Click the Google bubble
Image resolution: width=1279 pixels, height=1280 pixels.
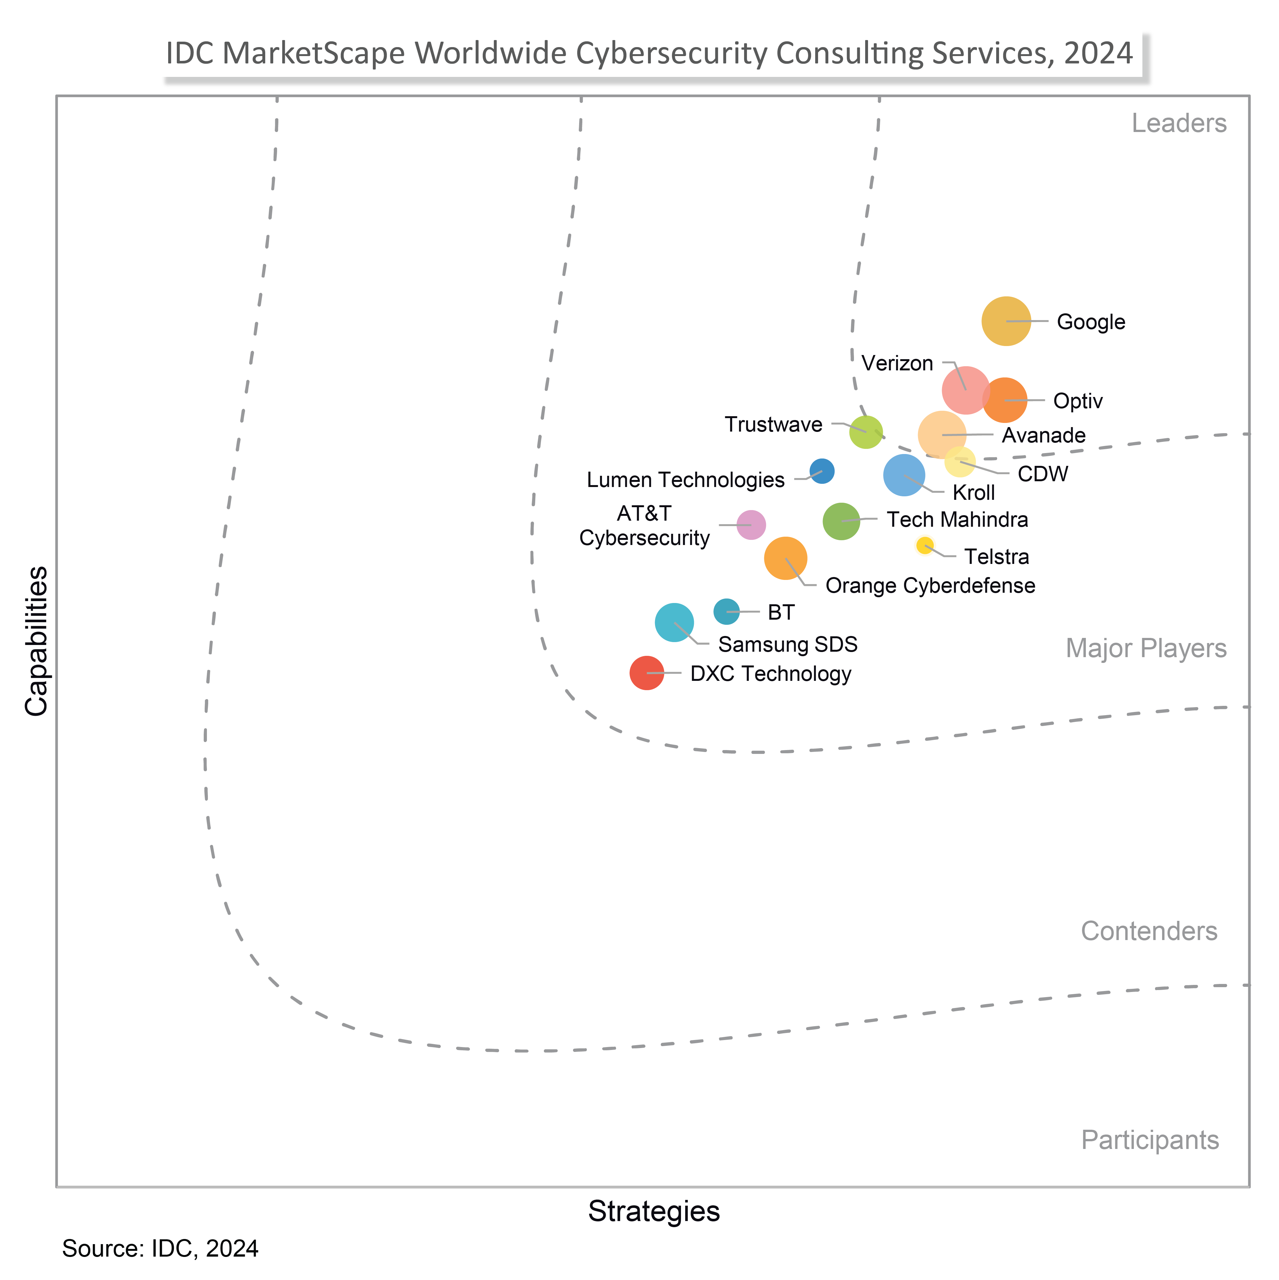pyautogui.click(x=1005, y=321)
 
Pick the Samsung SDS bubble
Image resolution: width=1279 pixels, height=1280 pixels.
pyautogui.click(x=674, y=623)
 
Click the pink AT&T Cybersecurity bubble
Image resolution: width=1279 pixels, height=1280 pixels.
pyautogui.click(x=751, y=525)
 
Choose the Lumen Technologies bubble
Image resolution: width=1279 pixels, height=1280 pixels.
pyautogui.click(x=822, y=471)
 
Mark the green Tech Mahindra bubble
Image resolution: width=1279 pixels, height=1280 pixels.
pyautogui.click(x=841, y=521)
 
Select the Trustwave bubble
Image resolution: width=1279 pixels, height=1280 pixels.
pyautogui.click(x=866, y=432)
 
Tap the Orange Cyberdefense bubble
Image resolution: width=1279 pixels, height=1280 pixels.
pyautogui.click(x=785, y=558)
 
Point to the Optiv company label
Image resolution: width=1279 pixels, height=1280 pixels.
pyautogui.click(x=1078, y=401)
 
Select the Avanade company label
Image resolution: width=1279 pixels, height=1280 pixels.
pyautogui.click(x=1043, y=435)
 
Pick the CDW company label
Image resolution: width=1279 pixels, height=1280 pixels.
pyautogui.click(x=1043, y=474)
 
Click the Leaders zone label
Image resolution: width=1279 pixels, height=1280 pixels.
pyautogui.click(x=1178, y=123)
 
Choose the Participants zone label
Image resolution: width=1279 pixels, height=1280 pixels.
pyautogui.click(x=1150, y=1140)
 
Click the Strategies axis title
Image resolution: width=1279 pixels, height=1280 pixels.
pyautogui.click(x=654, y=1211)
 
